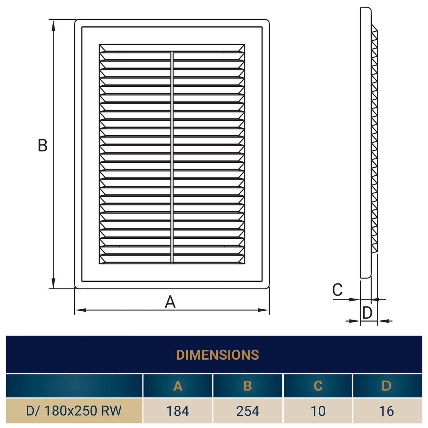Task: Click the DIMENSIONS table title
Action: click(217, 355)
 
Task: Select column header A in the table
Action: click(178, 386)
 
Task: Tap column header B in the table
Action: click(248, 386)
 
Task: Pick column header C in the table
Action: click(318, 386)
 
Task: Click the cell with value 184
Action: click(178, 411)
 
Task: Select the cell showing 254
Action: click(248, 411)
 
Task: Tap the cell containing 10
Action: click(318, 411)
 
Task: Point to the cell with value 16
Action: click(388, 411)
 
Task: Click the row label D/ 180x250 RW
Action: click(74, 411)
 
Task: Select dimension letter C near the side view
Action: click(337, 290)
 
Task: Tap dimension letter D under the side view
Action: click(367, 313)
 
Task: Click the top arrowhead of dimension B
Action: click(53, 26)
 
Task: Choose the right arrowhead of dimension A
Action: click(263, 310)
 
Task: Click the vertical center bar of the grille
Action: click(172, 158)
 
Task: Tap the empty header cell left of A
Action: click(74, 386)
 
